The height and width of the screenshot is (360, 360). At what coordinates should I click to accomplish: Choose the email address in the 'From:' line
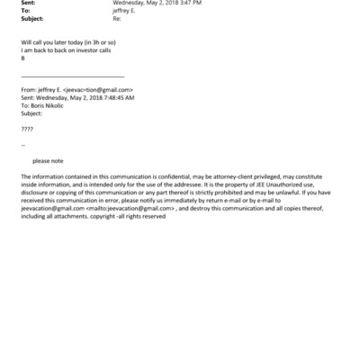(x=95, y=91)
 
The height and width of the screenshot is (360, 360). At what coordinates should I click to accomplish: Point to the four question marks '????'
(x=26, y=129)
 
